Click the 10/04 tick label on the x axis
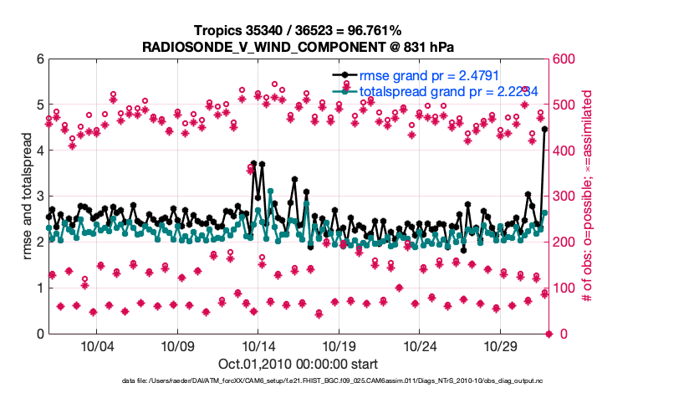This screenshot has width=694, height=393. point(96,346)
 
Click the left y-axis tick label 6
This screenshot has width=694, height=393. point(39,59)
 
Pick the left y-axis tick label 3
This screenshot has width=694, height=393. point(39,196)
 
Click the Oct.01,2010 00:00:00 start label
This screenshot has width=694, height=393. point(299,365)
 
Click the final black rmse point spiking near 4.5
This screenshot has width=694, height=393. point(544,129)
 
